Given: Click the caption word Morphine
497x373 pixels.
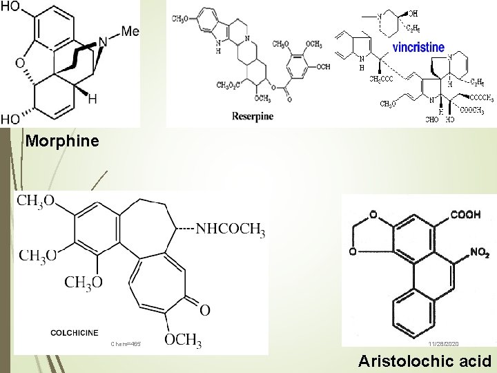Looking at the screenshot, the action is coord(62,142).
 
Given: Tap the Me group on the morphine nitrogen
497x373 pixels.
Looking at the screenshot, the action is coord(130,32).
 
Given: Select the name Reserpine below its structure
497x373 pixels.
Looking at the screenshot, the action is coord(253,115).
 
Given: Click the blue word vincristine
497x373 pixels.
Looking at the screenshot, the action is coord(420,48).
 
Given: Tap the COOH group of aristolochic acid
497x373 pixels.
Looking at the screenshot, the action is coord(466,215).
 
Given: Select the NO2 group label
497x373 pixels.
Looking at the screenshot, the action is coord(479,252).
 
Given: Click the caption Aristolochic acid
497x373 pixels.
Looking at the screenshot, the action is coord(425,361).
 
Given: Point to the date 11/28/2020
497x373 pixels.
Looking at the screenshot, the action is coord(442,343).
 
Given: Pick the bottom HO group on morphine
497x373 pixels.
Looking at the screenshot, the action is coord(10,119).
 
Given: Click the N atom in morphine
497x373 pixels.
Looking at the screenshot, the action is coord(103,42).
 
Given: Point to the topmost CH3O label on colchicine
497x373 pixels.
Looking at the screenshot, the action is coord(35,201).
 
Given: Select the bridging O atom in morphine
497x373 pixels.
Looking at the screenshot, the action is coord(20,64).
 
